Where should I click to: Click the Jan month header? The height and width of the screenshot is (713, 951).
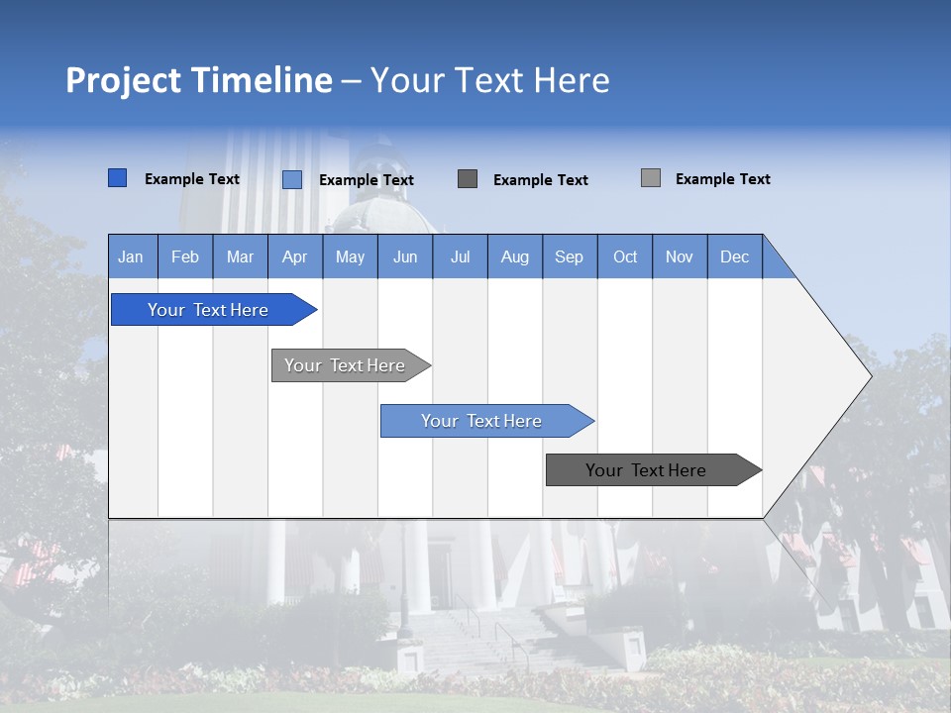(131, 256)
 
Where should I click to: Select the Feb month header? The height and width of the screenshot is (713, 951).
(185, 256)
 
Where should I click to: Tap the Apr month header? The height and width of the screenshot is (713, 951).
(294, 256)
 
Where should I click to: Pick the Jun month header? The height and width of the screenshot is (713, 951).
(405, 256)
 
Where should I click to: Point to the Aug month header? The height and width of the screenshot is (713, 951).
(514, 256)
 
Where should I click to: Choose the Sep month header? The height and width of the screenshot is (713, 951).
(569, 256)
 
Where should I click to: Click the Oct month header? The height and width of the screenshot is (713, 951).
(625, 256)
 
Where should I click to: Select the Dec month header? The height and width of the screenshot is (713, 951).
(734, 256)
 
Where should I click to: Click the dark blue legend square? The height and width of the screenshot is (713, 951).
(117, 178)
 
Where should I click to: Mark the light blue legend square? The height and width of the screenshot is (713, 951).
(292, 179)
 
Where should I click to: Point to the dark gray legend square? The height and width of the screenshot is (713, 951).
(468, 178)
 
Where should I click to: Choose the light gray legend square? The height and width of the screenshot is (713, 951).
(651, 178)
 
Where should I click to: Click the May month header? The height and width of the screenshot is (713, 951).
(350, 256)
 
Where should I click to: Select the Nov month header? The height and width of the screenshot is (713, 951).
(680, 256)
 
